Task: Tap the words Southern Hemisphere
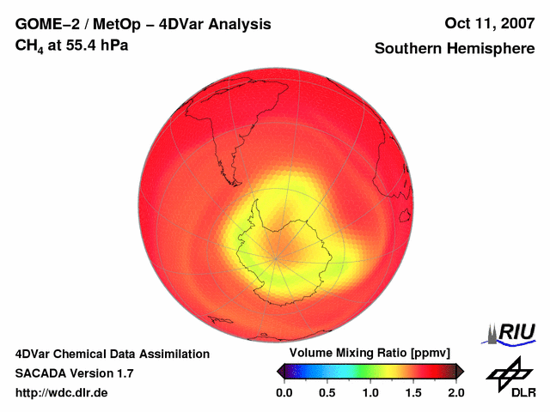pyautogui.click(x=454, y=49)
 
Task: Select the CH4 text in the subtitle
pyautogui.click(x=30, y=45)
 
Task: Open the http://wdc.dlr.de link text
pyautogui.click(x=62, y=393)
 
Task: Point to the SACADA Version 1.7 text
pyautogui.click(x=74, y=373)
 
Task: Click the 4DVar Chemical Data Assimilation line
pyautogui.click(x=112, y=354)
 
